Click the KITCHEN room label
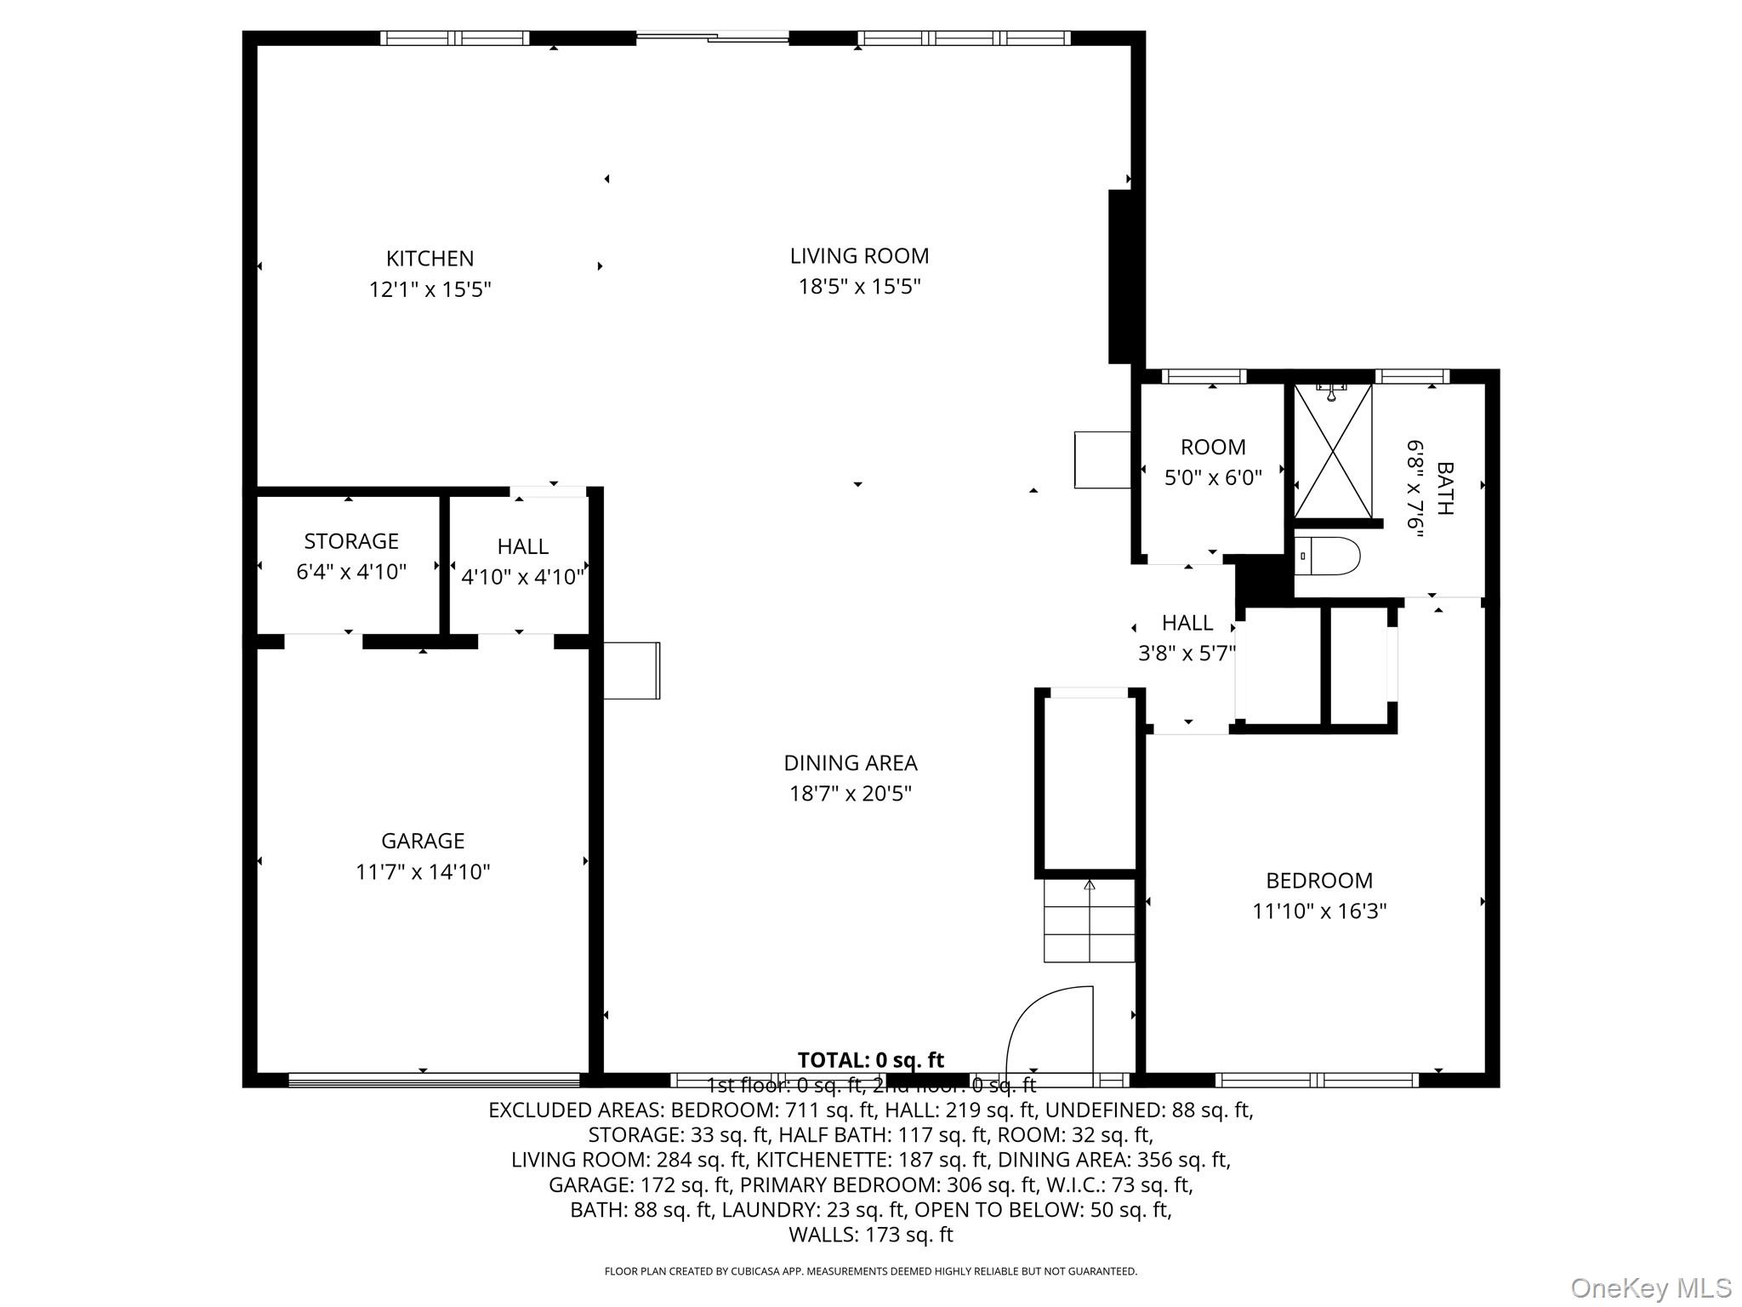430,258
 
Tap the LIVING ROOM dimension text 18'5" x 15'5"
859,287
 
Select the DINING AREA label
850,762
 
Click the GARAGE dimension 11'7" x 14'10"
423,872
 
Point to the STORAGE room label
351,541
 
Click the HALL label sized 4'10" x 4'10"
522,546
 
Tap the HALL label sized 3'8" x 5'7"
1187,623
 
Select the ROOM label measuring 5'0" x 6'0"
1213,447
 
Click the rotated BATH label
1444,488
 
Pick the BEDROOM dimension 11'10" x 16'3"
1319,911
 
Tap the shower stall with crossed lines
1332,451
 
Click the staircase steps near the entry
1090,922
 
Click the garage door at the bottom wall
434,1080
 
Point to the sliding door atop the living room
713,37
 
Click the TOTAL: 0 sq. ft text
870,1060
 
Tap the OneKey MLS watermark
1650,1287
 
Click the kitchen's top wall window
454,37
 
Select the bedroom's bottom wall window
1317,1080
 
